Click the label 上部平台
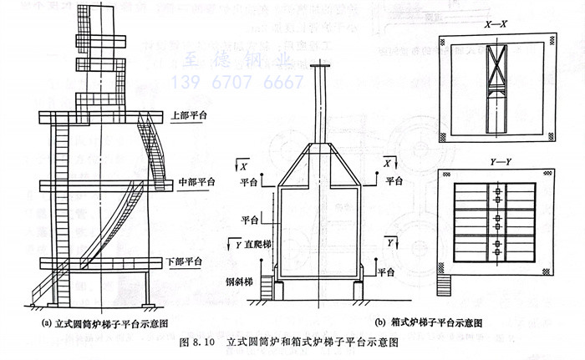click(191, 114)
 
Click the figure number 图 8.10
click(198, 342)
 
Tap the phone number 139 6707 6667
click(237, 83)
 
